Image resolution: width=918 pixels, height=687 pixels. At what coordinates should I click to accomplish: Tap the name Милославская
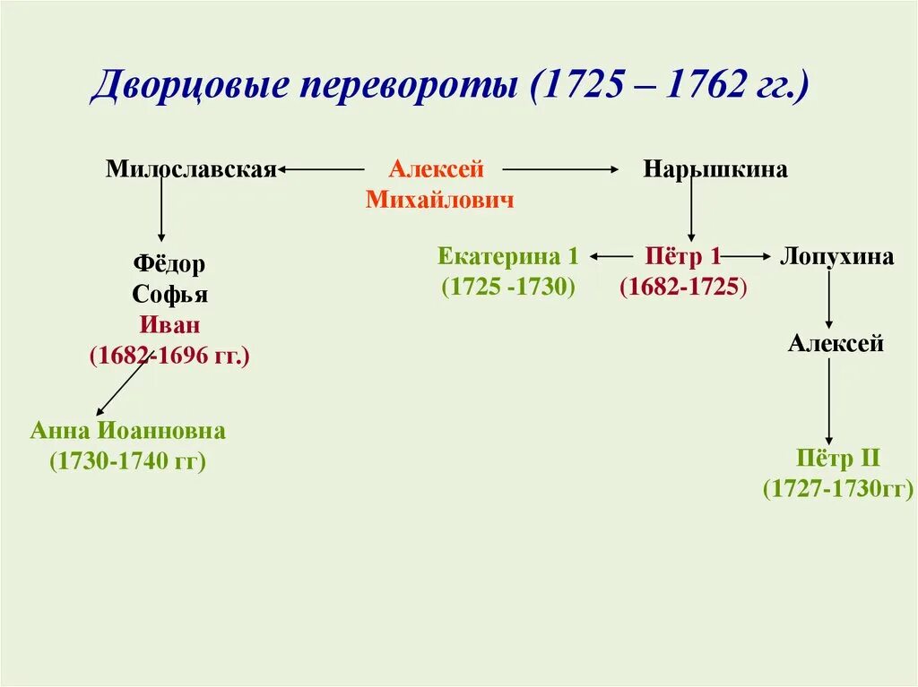point(190,169)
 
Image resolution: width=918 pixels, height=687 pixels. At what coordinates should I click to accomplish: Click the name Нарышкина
point(715,169)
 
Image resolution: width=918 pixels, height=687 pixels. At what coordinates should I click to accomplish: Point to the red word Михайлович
point(440,199)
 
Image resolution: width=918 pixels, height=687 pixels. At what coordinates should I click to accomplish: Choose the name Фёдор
point(169,264)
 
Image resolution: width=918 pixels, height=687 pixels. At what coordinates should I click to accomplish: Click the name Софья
point(169,295)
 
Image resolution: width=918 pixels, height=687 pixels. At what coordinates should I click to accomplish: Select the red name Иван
point(169,325)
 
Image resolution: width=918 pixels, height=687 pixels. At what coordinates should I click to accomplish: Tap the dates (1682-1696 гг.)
point(169,356)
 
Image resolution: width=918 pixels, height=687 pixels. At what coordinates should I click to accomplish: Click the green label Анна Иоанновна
point(127,431)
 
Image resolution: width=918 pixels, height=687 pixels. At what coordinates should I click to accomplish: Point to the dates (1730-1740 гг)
point(127,461)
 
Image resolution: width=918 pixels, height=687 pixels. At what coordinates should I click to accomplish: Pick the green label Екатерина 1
point(508,257)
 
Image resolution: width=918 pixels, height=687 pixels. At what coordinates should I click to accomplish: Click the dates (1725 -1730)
point(508,288)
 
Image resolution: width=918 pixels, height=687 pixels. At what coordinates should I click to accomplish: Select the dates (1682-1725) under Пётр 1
point(683,288)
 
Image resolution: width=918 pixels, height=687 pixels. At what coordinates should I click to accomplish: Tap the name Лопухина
point(836,257)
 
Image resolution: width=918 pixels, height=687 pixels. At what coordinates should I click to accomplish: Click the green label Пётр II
point(838,459)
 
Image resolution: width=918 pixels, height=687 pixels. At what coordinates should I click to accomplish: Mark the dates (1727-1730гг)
point(838,489)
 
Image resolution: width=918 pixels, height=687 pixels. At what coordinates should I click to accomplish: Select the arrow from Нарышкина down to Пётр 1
point(691,210)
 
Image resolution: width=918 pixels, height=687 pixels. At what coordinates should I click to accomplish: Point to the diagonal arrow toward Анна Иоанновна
point(122,386)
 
